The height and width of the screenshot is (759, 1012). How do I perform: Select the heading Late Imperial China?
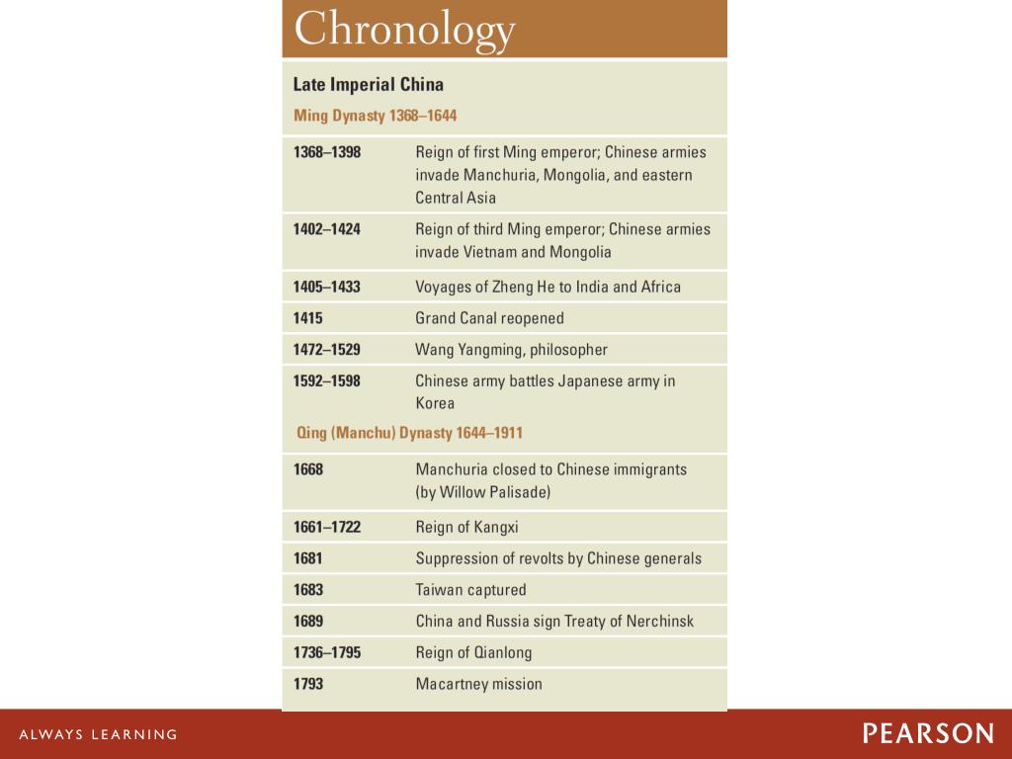pos(368,84)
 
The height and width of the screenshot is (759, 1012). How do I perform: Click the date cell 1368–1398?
pos(326,152)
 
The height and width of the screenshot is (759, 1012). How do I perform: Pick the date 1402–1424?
pos(326,229)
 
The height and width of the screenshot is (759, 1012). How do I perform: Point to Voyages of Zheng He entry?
pos(548,287)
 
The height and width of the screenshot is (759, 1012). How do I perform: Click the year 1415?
pos(308,318)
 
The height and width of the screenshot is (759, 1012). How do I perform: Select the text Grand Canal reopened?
pos(489,318)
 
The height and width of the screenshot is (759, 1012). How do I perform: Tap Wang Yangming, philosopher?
pos(511,350)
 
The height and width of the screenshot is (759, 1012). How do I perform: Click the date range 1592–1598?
pos(326,381)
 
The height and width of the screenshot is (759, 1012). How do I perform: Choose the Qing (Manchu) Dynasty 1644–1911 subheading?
pos(409,433)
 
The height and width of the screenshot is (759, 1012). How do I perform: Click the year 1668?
pos(308,469)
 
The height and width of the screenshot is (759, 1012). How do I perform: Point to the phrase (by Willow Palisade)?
pos(483,492)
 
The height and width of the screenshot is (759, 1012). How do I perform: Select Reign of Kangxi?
pos(466,527)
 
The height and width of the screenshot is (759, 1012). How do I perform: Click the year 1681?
pos(308,558)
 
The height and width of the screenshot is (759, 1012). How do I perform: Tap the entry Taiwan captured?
pos(470,590)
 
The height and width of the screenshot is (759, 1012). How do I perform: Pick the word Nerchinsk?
pos(659,622)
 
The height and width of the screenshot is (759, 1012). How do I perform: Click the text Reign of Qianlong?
pos(473,652)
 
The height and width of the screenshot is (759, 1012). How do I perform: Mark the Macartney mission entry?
pos(478,684)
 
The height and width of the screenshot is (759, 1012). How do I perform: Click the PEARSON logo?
pos(928,733)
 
